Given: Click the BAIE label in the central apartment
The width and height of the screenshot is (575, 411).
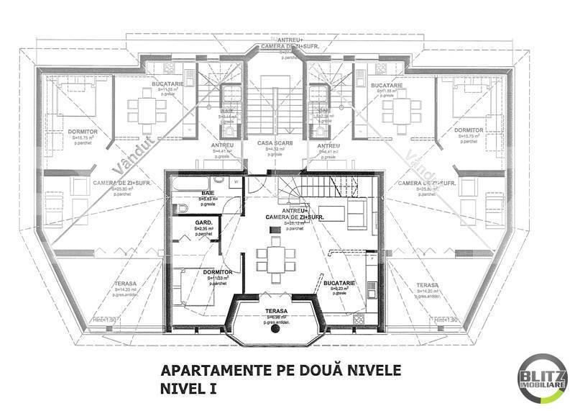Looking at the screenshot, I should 208,194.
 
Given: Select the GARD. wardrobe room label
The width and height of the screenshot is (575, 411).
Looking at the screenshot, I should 203,223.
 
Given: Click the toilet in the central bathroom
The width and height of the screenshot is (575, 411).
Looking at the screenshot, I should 183,208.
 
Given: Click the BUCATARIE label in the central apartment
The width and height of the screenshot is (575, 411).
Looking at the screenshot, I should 337,285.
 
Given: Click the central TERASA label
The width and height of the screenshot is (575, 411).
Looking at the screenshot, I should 275,311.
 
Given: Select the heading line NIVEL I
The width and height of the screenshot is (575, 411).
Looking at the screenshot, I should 189,389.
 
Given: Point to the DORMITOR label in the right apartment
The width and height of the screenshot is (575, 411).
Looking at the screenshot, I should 469,130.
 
